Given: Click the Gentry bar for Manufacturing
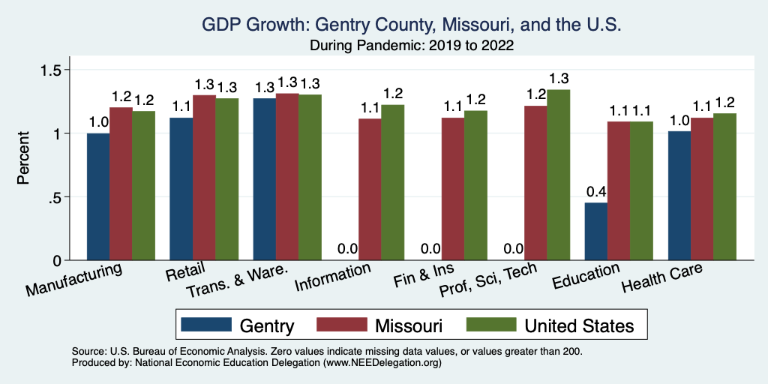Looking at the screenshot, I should [98, 196].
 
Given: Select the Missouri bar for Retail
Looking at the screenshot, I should [204, 178].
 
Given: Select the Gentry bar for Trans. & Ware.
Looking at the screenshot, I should [265, 179].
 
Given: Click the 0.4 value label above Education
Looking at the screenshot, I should [596, 191].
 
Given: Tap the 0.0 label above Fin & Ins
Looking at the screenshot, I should [430, 249].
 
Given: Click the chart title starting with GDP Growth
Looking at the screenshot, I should [412, 25].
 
